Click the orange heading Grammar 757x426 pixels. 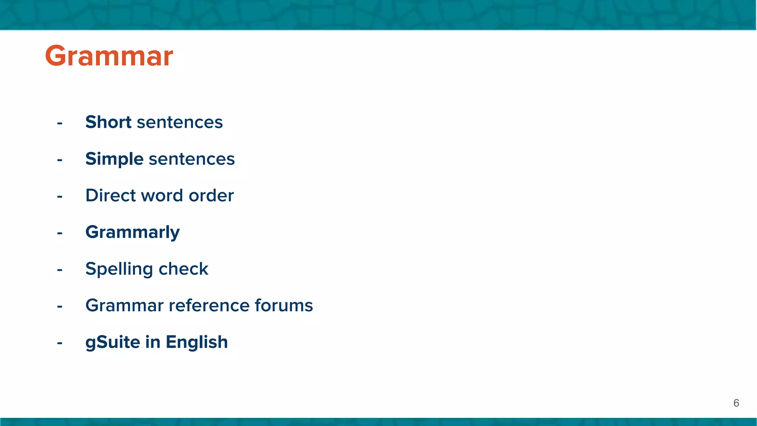(x=109, y=56)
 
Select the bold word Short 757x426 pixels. (x=108, y=122)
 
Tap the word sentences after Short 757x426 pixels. (x=180, y=122)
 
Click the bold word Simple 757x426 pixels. (x=114, y=159)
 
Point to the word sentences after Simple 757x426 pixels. (x=191, y=159)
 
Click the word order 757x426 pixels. (x=211, y=195)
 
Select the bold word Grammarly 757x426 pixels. (x=132, y=232)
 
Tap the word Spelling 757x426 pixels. (x=119, y=269)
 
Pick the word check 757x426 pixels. (x=183, y=269)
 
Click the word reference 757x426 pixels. (x=209, y=305)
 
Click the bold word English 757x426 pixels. (x=197, y=342)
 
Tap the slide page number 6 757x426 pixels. (x=736, y=403)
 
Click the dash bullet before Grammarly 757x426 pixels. (x=60, y=233)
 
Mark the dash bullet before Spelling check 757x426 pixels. (x=60, y=270)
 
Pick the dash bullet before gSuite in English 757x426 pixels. (x=60, y=343)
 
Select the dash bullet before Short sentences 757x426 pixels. (x=60, y=123)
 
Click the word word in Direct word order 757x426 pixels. (x=167, y=195)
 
